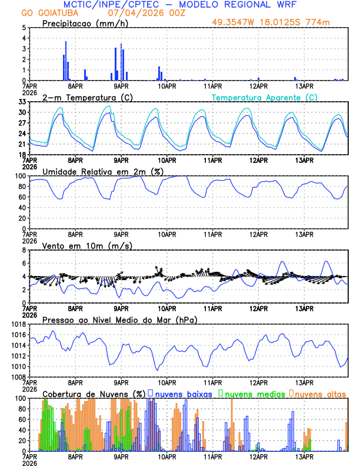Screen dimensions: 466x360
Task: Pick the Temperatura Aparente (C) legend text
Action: (x=265, y=97)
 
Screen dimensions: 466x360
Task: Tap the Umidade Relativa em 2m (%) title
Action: (x=102, y=171)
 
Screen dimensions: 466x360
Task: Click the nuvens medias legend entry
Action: (x=254, y=393)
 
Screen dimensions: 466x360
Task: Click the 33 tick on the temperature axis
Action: (x=22, y=102)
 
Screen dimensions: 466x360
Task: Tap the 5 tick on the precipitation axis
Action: (x=24, y=28)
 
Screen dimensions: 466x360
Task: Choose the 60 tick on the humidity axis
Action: (x=22, y=197)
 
